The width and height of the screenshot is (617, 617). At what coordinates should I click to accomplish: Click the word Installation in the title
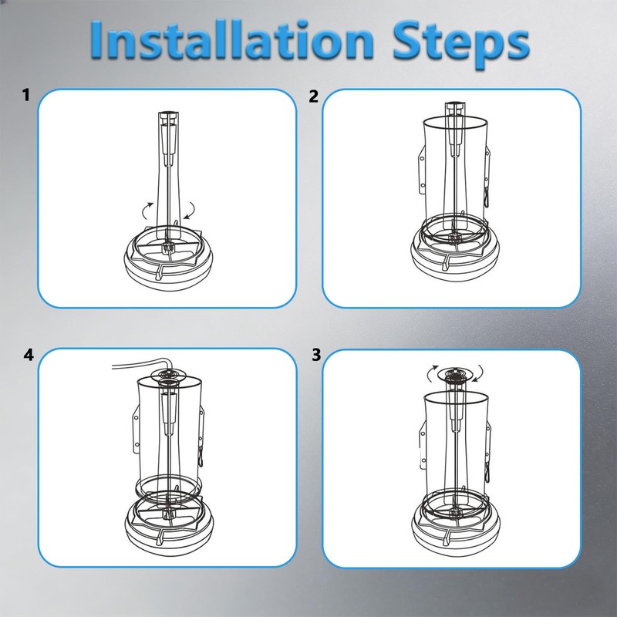click(232, 40)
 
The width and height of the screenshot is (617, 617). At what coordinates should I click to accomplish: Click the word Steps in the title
click(461, 43)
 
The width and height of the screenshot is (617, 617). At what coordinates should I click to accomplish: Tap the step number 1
click(26, 95)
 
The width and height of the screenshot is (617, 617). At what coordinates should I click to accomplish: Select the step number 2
click(313, 96)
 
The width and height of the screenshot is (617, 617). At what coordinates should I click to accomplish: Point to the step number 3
click(317, 355)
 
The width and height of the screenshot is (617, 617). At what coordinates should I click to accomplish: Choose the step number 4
click(29, 355)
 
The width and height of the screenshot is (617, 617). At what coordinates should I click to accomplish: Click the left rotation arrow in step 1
click(147, 211)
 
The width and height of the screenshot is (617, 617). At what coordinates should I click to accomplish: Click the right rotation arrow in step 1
click(190, 211)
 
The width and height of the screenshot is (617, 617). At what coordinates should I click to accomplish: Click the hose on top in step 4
click(142, 363)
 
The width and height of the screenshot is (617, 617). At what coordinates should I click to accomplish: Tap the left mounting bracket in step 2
click(421, 170)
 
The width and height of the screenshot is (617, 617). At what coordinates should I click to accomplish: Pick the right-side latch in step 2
click(487, 177)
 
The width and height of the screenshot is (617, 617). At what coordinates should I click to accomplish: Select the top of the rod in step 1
click(168, 114)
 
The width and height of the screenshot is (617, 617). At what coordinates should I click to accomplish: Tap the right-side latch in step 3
click(487, 453)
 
